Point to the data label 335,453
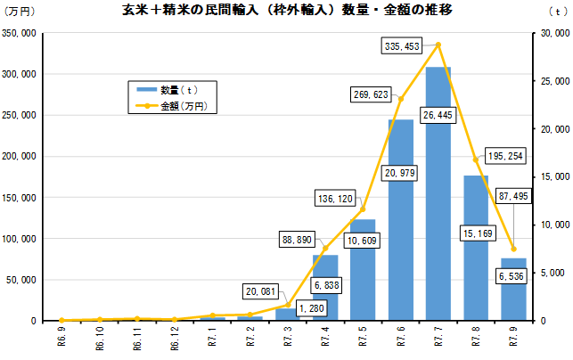pos(400,45)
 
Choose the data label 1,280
pos(313,308)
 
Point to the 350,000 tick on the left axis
pos(20,33)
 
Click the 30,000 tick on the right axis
pos(554,33)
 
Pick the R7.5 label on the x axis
pos(363,340)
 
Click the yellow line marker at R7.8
pos(476,159)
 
